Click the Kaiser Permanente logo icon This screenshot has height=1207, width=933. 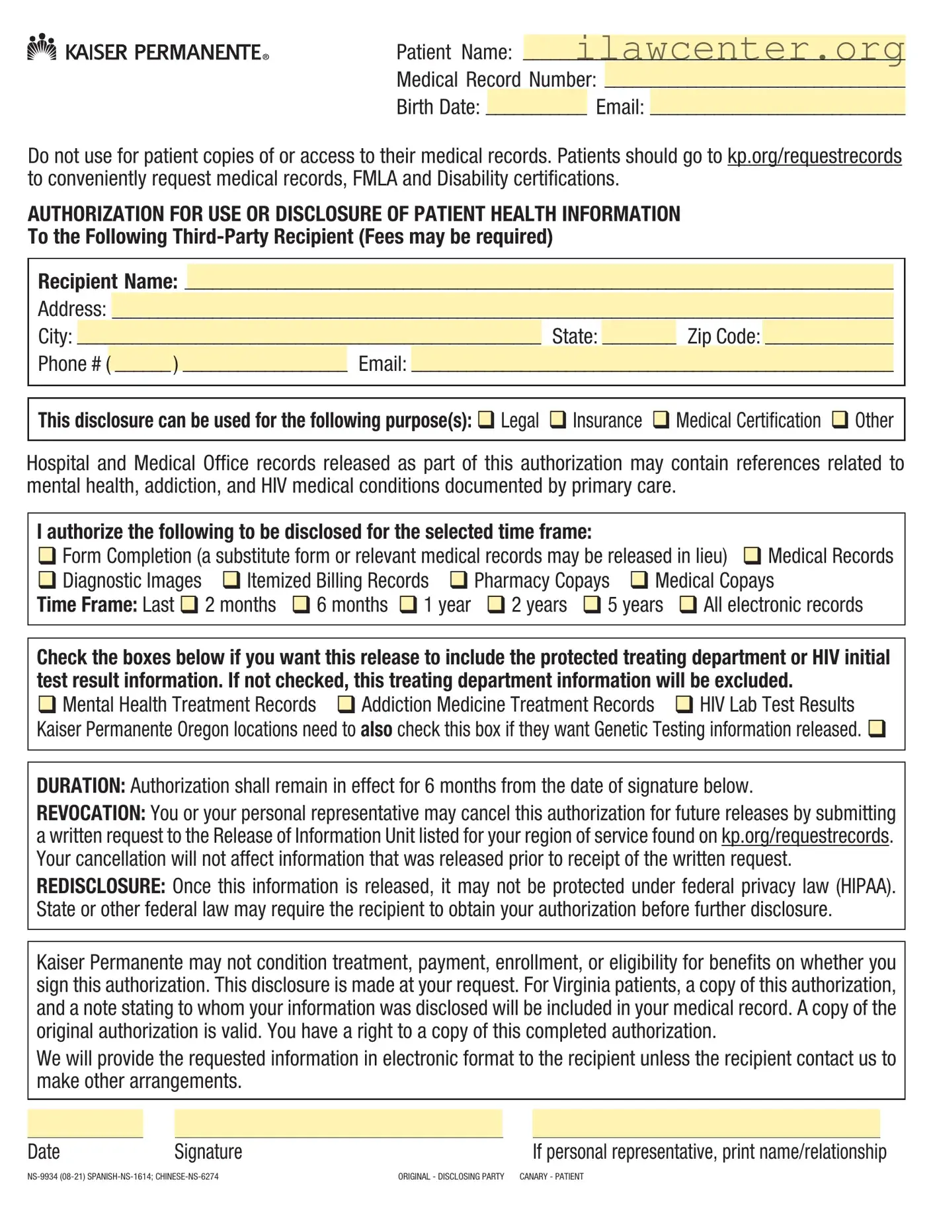coord(42,48)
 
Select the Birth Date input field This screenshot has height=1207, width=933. coord(536,103)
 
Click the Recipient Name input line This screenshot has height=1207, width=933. coord(539,278)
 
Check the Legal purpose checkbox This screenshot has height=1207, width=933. coord(486,420)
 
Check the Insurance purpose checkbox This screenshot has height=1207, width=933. coord(558,420)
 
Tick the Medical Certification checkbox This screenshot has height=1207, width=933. coord(661,420)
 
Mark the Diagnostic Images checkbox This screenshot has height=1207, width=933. coord(46,580)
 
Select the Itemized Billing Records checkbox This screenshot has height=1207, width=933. coord(231,580)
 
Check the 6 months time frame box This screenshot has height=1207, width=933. coord(301,605)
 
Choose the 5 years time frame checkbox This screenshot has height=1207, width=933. coord(592,605)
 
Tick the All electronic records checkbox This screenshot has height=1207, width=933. coord(688,605)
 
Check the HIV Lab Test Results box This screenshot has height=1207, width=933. coord(684,705)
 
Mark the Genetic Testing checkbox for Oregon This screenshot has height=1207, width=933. coord(876,729)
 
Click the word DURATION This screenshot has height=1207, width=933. coord(81,786)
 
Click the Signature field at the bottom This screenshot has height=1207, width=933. coord(339,1124)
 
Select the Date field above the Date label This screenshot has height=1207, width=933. coord(85,1124)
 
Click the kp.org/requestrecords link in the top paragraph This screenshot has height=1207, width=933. coord(814,156)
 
